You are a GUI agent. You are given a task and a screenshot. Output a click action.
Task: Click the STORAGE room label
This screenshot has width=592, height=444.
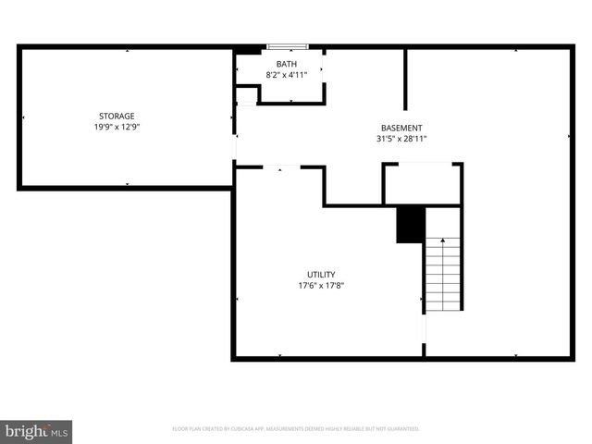[x=117, y=116]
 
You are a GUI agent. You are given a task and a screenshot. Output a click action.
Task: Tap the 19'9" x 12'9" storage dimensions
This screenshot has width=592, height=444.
[x=117, y=127]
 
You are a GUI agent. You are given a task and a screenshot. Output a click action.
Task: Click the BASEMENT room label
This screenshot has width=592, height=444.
[x=401, y=128]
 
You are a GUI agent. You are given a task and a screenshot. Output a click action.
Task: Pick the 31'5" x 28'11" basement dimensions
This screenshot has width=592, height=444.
[x=401, y=139]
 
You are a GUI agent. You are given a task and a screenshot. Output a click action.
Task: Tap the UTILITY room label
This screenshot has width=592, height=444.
[x=322, y=274]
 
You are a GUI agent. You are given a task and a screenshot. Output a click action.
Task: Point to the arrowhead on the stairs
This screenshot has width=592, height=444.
[x=443, y=241]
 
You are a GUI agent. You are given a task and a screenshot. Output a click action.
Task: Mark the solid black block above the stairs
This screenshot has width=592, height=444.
[x=410, y=225]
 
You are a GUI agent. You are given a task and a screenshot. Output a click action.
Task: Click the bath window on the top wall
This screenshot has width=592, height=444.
[x=286, y=46]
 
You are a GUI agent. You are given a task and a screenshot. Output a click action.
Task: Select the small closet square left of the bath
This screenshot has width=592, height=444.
[x=245, y=95]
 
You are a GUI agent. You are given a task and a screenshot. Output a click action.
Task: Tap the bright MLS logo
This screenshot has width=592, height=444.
[x=37, y=432]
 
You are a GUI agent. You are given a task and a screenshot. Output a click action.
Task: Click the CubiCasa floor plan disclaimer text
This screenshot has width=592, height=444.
[x=296, y=429]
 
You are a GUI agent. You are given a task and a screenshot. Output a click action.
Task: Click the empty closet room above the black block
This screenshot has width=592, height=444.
[x=423, y=184]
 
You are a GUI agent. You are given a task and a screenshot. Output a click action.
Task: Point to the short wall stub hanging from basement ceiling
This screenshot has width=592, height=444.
[x=405, y=80]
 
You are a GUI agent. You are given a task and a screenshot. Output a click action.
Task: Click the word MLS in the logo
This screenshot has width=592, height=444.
[x=59, y=433]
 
